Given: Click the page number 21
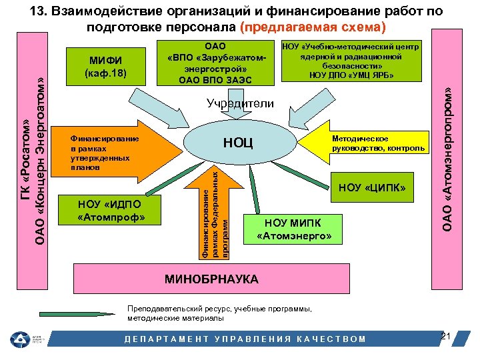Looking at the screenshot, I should [447, 335].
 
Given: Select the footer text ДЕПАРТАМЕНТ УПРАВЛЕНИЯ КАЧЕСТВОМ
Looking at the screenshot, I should [246, 339].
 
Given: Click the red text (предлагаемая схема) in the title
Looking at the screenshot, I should [313, 28].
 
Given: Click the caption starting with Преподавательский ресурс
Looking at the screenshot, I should [219, 313].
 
